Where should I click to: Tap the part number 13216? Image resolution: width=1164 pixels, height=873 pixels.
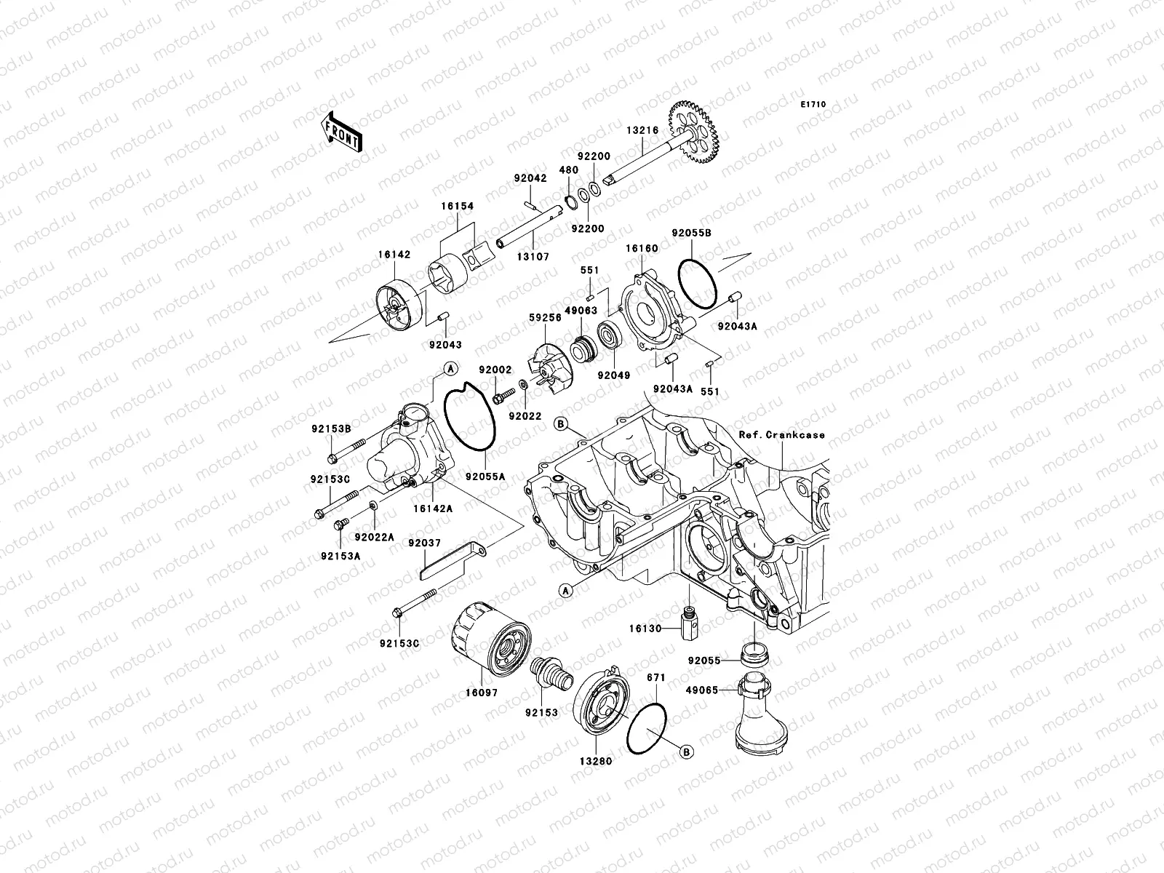642,132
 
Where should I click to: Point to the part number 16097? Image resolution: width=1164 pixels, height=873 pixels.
482,693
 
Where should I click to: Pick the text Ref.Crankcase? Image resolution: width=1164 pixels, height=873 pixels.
782,435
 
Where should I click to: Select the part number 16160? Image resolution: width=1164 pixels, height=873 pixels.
642,249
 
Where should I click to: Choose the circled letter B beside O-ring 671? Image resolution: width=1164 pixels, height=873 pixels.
686,750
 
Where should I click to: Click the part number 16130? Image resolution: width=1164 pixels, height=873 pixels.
646,628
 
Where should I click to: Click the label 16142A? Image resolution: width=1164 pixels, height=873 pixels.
434,509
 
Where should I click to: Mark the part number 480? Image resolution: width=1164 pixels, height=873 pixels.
568,170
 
